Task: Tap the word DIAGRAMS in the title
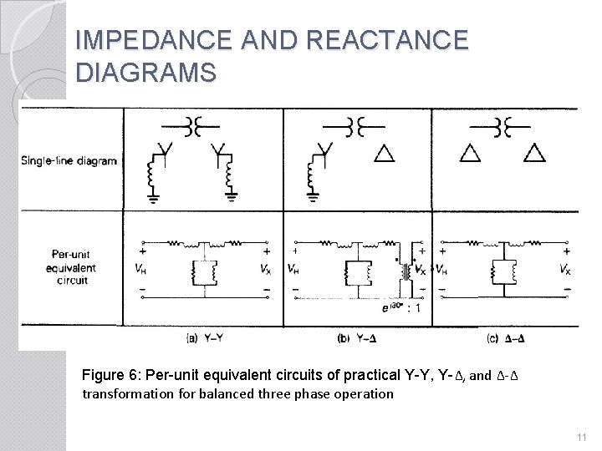pyautogui.click(x=145, y=73)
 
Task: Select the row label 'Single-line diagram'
pyautogui.click(x=69, y=160)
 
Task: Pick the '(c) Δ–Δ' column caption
pyautogui.click(x=505, y=337)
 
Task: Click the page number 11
pyautogui.click(x=583, y=437)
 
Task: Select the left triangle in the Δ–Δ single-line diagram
pyautogui.click(x=471, y=153)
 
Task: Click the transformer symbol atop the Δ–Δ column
pyautogui.click(x=503, y=126)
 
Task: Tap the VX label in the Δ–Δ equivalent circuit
pyautogui.click(x=565, y=270)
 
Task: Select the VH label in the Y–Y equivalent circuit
pyautogui.click(x=137, y=270)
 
